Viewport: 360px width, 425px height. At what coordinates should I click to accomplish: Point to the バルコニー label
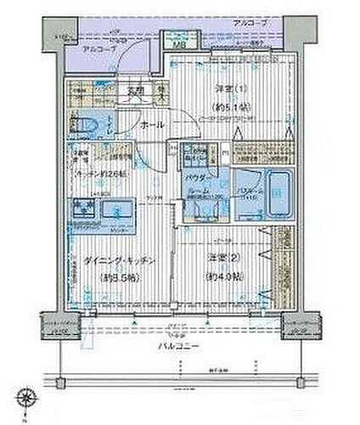click(179, 348)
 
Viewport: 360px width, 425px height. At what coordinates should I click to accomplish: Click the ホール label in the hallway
click(153, 124)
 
